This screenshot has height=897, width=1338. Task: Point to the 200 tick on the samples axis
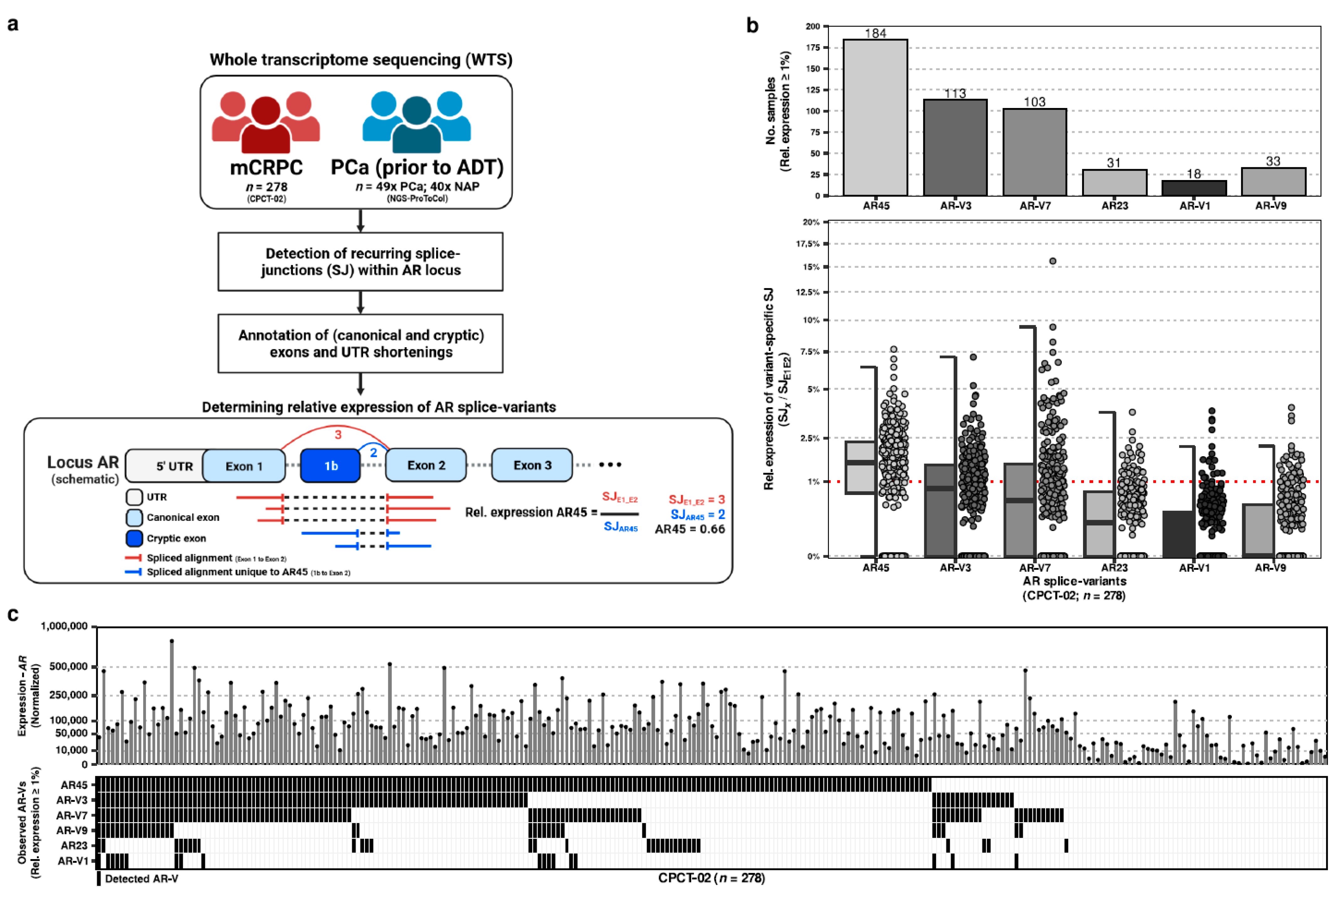[x=813, y=26]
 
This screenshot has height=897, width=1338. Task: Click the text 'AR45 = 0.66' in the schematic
[x=690, y=529]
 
